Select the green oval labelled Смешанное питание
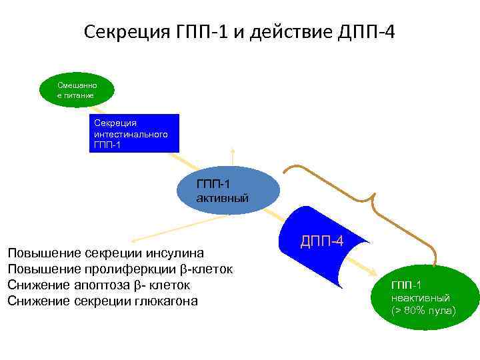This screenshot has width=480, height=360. click(x=77, y=91)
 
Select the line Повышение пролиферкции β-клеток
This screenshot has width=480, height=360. click(x=119, y=269)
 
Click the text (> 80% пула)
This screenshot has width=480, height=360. click(x=423, y=311)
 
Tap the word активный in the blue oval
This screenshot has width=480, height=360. click(x=223, y=198)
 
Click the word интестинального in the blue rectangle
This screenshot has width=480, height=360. click(x=130, y=134)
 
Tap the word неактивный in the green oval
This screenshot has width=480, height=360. click(x=420, y=298)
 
